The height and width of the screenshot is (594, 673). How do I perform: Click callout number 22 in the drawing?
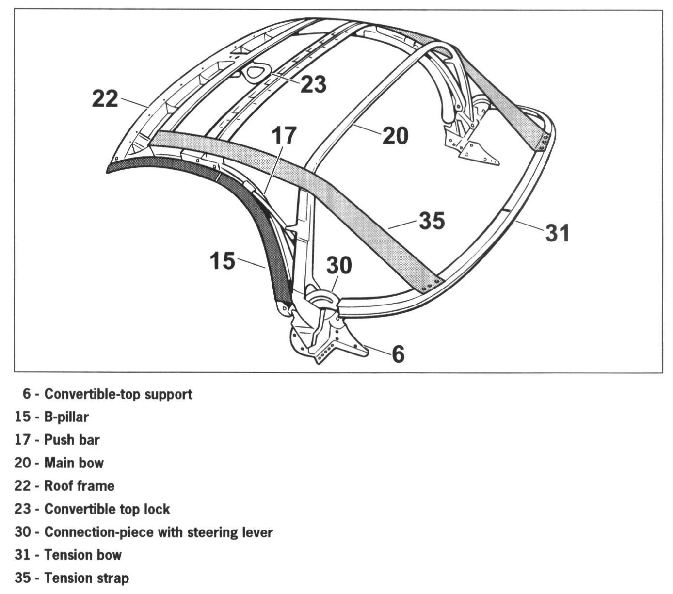point(105,99)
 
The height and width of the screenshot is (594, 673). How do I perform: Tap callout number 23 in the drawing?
point(313,84)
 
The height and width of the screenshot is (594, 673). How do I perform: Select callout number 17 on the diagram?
point(284,136)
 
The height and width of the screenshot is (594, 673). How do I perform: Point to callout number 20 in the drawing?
point(395,136)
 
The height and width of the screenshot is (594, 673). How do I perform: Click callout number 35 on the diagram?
point(432,221)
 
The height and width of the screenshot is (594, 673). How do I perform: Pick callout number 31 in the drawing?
point(558,233)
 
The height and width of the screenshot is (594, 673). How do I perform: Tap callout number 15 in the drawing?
point(223,261)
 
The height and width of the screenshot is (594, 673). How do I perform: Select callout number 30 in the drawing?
point(339,266)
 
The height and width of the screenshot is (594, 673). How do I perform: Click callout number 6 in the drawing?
point(398,354)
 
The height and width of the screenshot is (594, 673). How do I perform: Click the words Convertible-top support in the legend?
point(118,394)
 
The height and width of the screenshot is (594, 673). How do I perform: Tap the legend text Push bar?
point(72,440)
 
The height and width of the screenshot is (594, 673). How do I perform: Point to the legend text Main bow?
point(74,463)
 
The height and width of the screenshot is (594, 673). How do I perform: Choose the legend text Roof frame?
point(79,486)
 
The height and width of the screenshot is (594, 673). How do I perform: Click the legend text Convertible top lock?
point(107,509)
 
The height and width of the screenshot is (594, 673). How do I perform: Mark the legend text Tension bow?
point(83,555)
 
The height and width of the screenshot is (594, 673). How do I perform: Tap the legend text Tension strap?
point(86,578)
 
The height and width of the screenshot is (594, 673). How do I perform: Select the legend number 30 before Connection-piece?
point(23,532)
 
